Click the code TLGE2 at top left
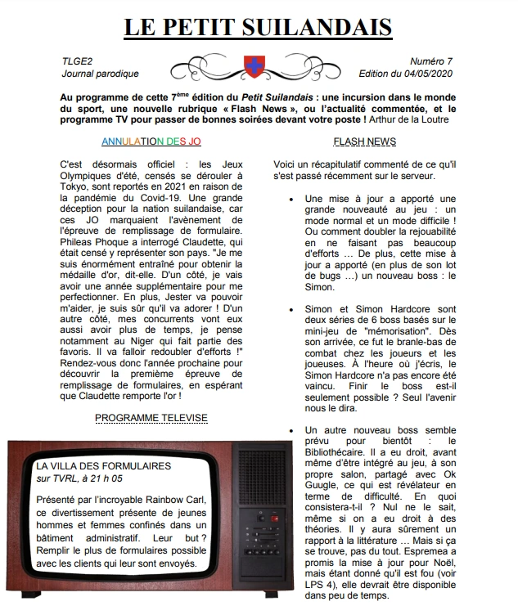click(x=78, y=61)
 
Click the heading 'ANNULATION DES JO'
click(x=151, y=141)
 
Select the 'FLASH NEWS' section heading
click(x=365, y=141)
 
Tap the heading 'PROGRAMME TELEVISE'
click(x=151, y=418)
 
